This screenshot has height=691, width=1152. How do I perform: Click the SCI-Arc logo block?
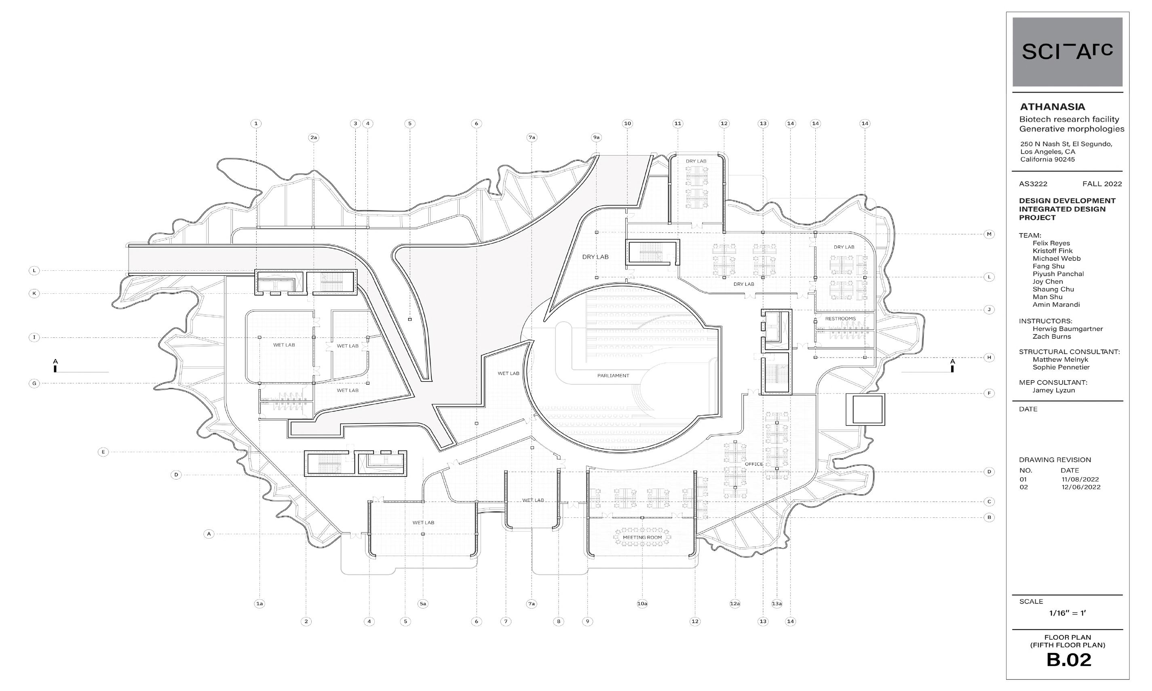pyautogui.click(x=1067, y=52)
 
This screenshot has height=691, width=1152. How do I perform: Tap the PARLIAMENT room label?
pyautogui.click(x=613, y=375)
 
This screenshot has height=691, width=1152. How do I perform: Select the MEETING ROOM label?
pyautogui.click(x=642, y=537)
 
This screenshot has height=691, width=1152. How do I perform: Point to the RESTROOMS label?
pyautogui.click(x=840, y=318)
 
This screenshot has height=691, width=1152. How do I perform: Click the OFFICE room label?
pyautogui.click(x=754, y=464)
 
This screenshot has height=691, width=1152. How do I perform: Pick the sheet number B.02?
pyautogui.click(x=1069, y=660)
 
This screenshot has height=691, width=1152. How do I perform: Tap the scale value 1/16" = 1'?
pyautogui.click(x=1067, y=613)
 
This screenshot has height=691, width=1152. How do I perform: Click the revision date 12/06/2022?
pyautogui.click(x=1080, y=487)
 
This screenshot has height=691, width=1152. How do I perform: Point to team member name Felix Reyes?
pyautogui.click(x=1051, y=243)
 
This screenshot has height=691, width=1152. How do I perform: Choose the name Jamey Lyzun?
pyautogui.click(x=1053, y=390)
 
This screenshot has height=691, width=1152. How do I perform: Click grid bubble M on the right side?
pyautogui.click(x=989, y=234)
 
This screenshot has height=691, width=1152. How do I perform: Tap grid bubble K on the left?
pyautogui.click(x=34, y=293)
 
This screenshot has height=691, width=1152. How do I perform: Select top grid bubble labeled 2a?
pyautogui.click(x=313, y=137)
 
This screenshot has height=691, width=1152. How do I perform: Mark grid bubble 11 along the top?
pyautogui.click(x=677, y=123)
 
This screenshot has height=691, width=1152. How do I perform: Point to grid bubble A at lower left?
pyautogui.click(x=209, y=534)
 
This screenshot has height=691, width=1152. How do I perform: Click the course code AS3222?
pyautogui.click(x=1033, y=184)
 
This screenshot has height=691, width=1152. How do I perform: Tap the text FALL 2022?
pyautogui.click(x=1102, y=184)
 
